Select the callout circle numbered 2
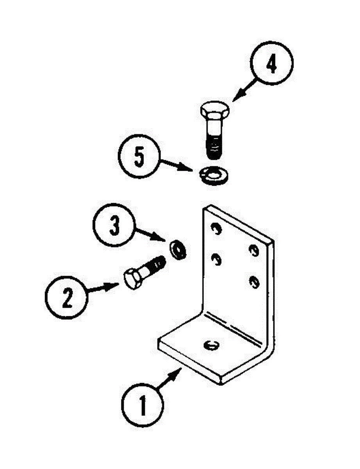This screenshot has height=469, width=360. click(x=66, y=299)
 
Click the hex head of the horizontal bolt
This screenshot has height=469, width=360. click(x=133, y=279)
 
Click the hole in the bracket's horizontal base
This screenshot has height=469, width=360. click(x=211, y=345)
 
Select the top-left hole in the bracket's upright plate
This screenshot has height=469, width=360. click(x=215, y=227)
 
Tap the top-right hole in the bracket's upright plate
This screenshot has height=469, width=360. click(x=255, y=250)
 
